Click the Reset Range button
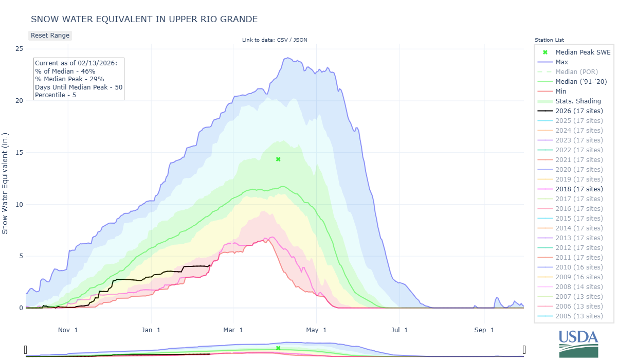pyautogui.click(x=50, y=35)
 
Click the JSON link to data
pyautogui.click(x=300, y=40)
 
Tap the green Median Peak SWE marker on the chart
pyautogui.click(x=278, y=159)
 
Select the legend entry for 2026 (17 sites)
pyautogui.click(x=579, y=111)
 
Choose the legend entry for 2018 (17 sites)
pyautogui.click(x=579, y=189)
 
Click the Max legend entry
pyautogui.click(x=562, y=62)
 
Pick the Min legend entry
pyautogui.click(x=561, y=91)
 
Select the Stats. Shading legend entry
pyautogui.click(x=578, y=101)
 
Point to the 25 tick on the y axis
pyautogui.click(x=19, y=48)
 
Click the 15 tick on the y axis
pyautogui.click(x=19, y=152)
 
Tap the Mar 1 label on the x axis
pyautogui.click(x=233, y=329)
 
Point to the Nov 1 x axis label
pyautogui.click(x=68, y=329)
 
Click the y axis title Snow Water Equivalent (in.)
pyautogui.click(x=5, y=178)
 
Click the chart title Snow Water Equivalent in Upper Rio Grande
pyautogui.click(x=144, y=19)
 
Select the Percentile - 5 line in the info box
pyautogui.click(x=56, y=95)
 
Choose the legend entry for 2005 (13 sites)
pyautogui.click(x=579, y=316)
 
